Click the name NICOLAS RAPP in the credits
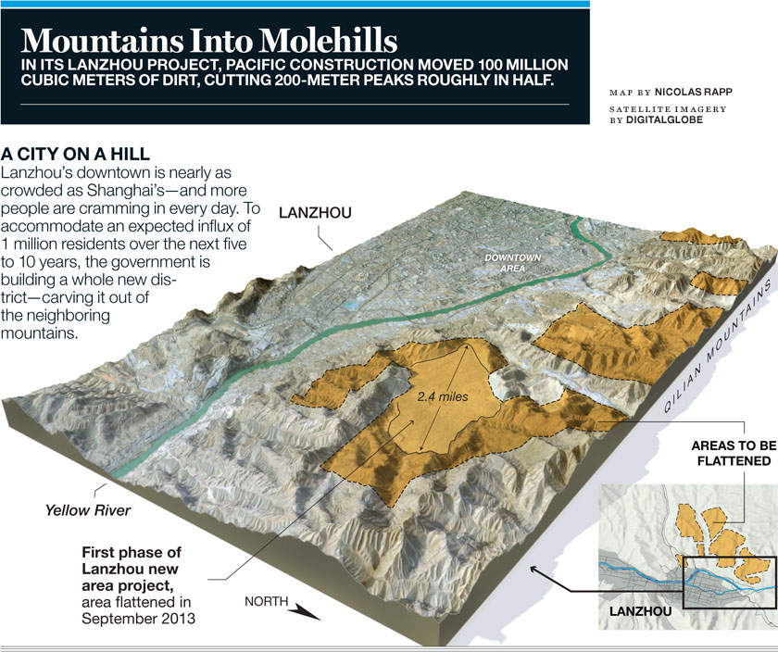[x=690, y=94]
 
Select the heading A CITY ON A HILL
[x=77, y=153]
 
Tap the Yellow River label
[x=88, y=510]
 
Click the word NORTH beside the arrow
[x=266, y=601]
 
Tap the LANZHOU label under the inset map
[x=642, y=612]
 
